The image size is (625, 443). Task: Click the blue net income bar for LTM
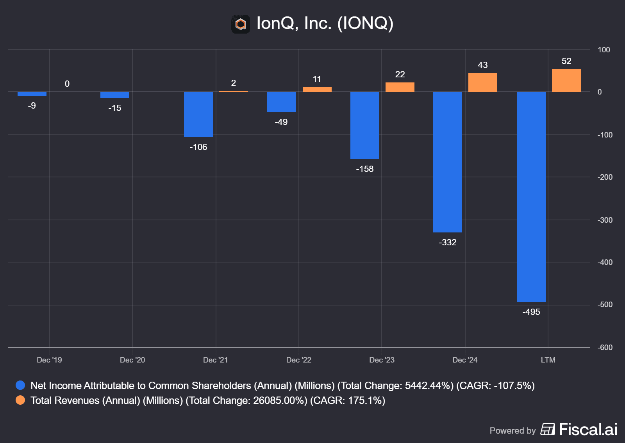pos(531,196)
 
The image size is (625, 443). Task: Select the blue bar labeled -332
pos(447,162)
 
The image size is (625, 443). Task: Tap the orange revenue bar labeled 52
pos(566,80)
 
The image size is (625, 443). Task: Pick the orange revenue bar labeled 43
pos(482,82)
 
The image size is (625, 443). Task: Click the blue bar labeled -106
pos(198,114)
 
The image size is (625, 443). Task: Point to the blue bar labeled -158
pos(364,125)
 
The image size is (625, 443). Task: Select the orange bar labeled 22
pos(400,87)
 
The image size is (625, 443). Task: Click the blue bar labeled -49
pos(281,102)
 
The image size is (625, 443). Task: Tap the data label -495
pos(531,312)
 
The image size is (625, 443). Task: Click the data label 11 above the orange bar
pos(317,79)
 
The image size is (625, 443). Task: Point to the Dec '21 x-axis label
pos(215,360)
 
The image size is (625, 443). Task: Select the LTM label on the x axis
pos(548,360)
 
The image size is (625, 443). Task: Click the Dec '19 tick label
pos(49,360)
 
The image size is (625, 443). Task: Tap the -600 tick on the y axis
pos(605,347)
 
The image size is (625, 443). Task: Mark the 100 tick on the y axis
pos(604,50)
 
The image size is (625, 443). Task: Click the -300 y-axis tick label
pos(605,220)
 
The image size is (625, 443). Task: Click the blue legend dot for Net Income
pos(20,385)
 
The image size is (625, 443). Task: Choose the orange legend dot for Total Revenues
pos(20,400)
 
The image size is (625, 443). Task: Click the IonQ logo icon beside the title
pos(241,24)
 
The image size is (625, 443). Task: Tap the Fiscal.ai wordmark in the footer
pos(588,429)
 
